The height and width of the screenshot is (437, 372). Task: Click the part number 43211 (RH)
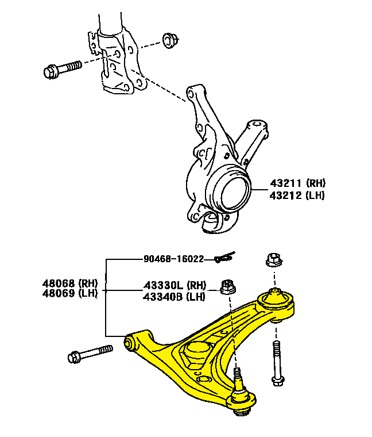click(297, 183)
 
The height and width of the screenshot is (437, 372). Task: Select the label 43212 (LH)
click(297, 195)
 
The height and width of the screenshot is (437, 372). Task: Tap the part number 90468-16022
click(173, 259)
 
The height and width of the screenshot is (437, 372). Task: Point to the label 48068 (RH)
click(69, 283)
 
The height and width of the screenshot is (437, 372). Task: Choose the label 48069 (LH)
click(69, 293)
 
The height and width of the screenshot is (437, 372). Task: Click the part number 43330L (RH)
click(174, 285)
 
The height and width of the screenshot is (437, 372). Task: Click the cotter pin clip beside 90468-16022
click(224, 258)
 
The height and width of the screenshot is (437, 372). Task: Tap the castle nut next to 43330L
click(228, 285)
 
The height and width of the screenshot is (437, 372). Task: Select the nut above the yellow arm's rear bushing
click(274, 260)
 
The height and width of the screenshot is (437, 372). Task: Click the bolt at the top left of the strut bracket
click(63, 69)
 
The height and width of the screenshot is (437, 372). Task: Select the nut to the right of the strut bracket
click(169, 40)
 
